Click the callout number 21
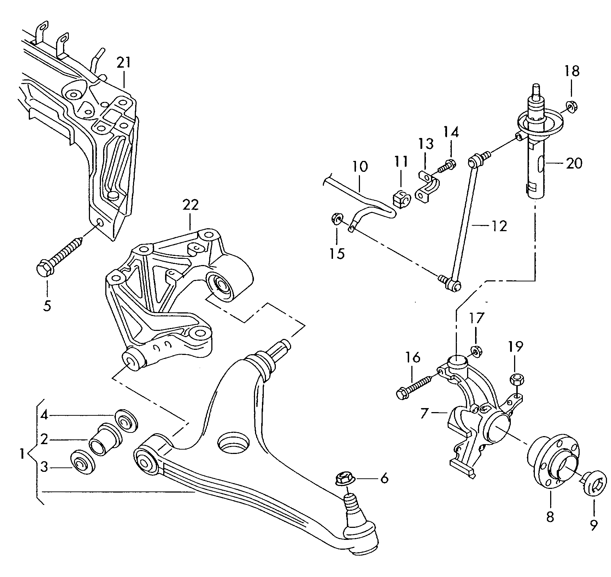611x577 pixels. click(x=124, y=63)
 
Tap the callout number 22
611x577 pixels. click(x=191, y=205)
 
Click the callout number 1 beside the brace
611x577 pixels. click(x=22, y=454)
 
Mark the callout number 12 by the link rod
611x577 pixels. click(x=500, y=226)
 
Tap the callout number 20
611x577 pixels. click(x=574, y=163)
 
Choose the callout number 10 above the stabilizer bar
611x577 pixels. click(x=360, y=167)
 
